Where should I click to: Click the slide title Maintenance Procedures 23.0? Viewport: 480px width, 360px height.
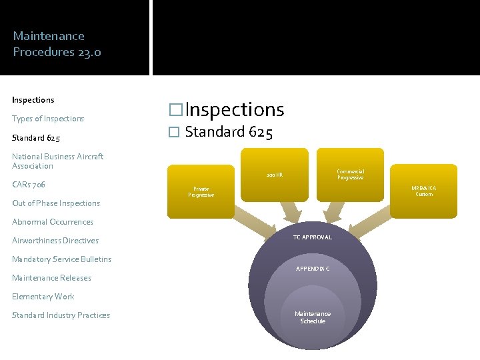pyautogui.click(x=57, y=44)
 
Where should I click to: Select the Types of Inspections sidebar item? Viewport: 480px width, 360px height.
pyautogui.click(x=48, y=119)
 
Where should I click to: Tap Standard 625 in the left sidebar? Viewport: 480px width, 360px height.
pyautogui.click(x=36, y=139)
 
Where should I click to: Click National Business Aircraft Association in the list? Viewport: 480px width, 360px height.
pyautogui.click(x=57, y=161)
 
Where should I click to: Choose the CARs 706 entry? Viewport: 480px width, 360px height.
pyautogui.click(x=28, y=184)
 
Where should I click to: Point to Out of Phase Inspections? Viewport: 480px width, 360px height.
pyautogui.click(x=56, y=203)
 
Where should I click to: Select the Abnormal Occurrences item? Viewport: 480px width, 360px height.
pyautogui.click(x=53, y=222)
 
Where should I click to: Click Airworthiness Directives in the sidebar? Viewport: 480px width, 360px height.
pyautogui.click(x=55, y=241)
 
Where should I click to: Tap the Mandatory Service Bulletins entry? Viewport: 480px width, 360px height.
pyautogui.click(x=61, y=259)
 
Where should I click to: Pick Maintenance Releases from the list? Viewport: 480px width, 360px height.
pyautogui.click(x=51, y=278)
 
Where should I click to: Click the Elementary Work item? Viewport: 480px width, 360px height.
pyautogui.click(x=43, y=297)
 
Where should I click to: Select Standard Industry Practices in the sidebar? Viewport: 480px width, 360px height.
pyautogui.click(x=61, y=315)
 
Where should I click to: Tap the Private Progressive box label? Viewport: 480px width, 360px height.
pyautogui.click(x=201, y=192)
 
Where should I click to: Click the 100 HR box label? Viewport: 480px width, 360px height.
pyautogui.click(x=274, y=175)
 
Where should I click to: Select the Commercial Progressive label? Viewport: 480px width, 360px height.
pyautogui.click(x=350, y=175)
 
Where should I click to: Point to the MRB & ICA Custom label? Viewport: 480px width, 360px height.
pyautogui.click(x=424, y=191)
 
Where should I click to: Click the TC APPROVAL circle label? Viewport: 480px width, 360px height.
pyautogui.click(x=313, y=237)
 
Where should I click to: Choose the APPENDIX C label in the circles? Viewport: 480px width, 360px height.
pyautogui.click(x=313, y=268)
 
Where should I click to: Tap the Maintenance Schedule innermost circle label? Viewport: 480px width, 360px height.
pyautogui.click(x=313, y=317)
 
